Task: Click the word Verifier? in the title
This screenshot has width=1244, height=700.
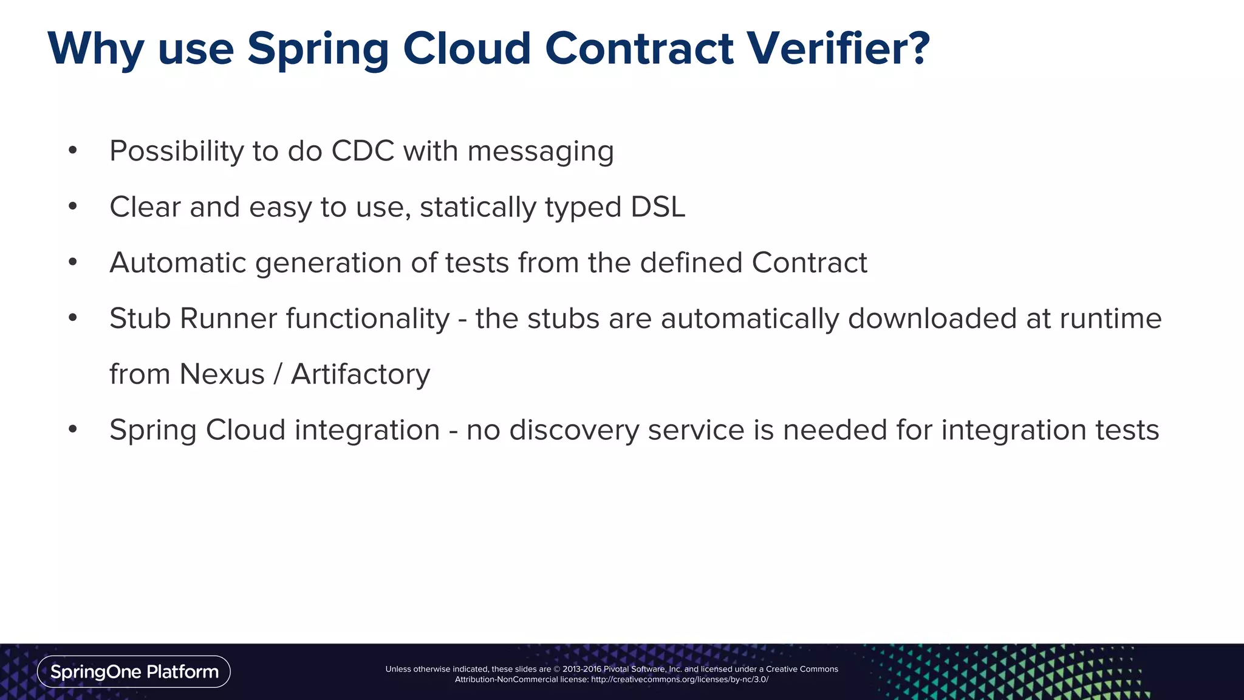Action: pyautogui.click(x=838, y=49)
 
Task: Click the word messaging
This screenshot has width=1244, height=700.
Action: pyautogui.click(x=541, y=152)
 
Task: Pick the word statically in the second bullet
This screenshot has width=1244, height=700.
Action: pyautogui.click(x=478, y=208)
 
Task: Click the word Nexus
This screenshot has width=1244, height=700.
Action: pyautogui.click(x=222, y=374)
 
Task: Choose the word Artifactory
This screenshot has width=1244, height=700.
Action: pyautogui.click(x=360, y=375)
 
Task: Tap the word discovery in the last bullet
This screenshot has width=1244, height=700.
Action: pyautogui.click(x=574, y=430)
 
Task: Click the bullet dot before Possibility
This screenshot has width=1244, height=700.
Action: pyautogui.click(x=73, y=150)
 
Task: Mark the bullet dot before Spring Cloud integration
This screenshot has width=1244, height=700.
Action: pyautogui.click(x=73, y=430)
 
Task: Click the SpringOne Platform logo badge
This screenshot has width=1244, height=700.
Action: pyautogui.click(x=134, y=671)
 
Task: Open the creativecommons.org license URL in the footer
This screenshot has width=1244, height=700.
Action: pyautogui.click(x=679, y=679)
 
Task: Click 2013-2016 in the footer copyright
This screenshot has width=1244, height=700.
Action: pyautogui.click(x=581, y=669)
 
